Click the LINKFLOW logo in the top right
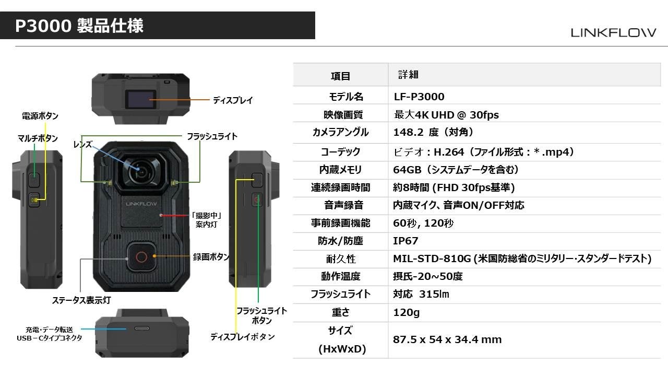coord(613,32)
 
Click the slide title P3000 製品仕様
coord(79,26)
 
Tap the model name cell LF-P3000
coord(419,97)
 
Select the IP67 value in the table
coord(405,241)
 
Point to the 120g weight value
coord(406,312)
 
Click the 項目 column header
coord(341,76)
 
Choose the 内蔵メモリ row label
coord(341,170)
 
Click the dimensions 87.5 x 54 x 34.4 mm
coord(447,339)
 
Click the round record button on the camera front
coord(140,256)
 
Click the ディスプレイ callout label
coord(233,100)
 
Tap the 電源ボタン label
coord(40,115)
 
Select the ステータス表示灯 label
coord(81,300)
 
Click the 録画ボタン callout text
coord(211,257)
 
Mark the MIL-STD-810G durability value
coord(522,258)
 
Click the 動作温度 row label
coord(341,276)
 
